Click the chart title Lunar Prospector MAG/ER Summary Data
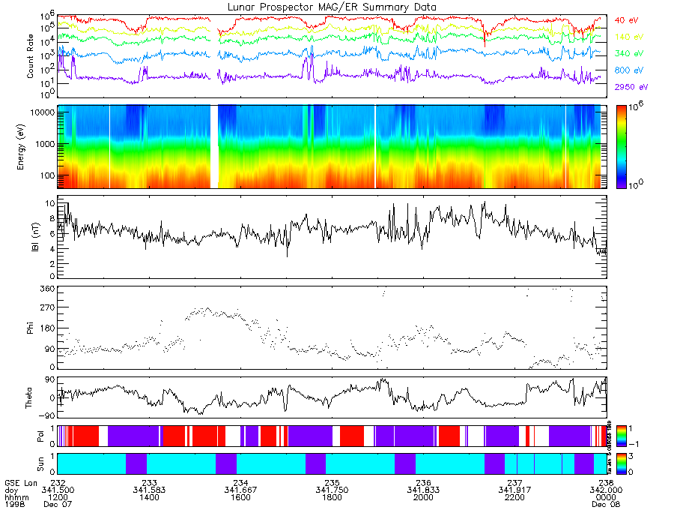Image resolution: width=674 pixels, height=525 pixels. [x=332, y=7]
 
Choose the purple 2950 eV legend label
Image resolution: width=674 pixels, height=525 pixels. [x=629, y=88]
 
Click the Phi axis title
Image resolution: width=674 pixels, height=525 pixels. [x=31, y=327]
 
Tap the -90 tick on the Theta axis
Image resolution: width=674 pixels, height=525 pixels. [x=46, y=415]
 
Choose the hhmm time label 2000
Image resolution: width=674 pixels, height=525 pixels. [x=423, y=497]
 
